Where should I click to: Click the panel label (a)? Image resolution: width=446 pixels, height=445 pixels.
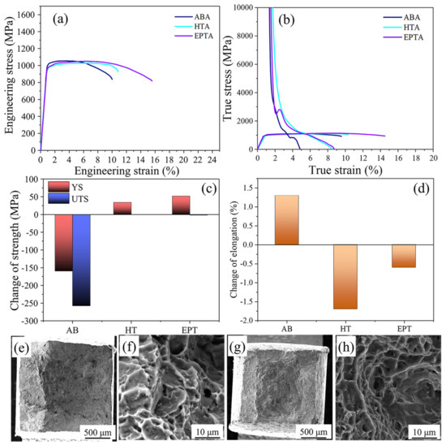tap(63, 18)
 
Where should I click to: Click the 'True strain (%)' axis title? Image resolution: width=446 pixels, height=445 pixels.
tap(341, 171)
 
